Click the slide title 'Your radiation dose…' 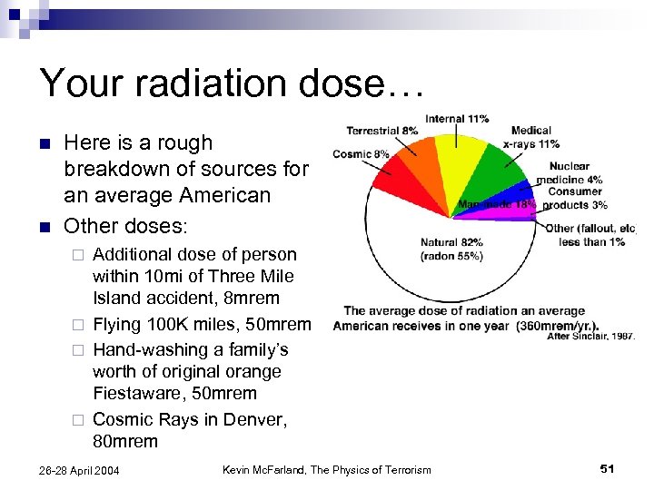pyautogui.click(x=232, y=83)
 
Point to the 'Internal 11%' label pyautogui.click(x=457, y=119)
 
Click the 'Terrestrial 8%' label pyautogui.click(x=382, y=132)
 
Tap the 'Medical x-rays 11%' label pyautogui.click(x=530, y=137)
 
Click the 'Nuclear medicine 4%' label pyautogui.click(x=570, y=172)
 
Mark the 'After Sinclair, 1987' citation pyautogui.click(x=590, y=337)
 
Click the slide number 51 pyautogui.click(x=608, y=468)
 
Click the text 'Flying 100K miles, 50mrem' pyautogui.click(x=202, y=325)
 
